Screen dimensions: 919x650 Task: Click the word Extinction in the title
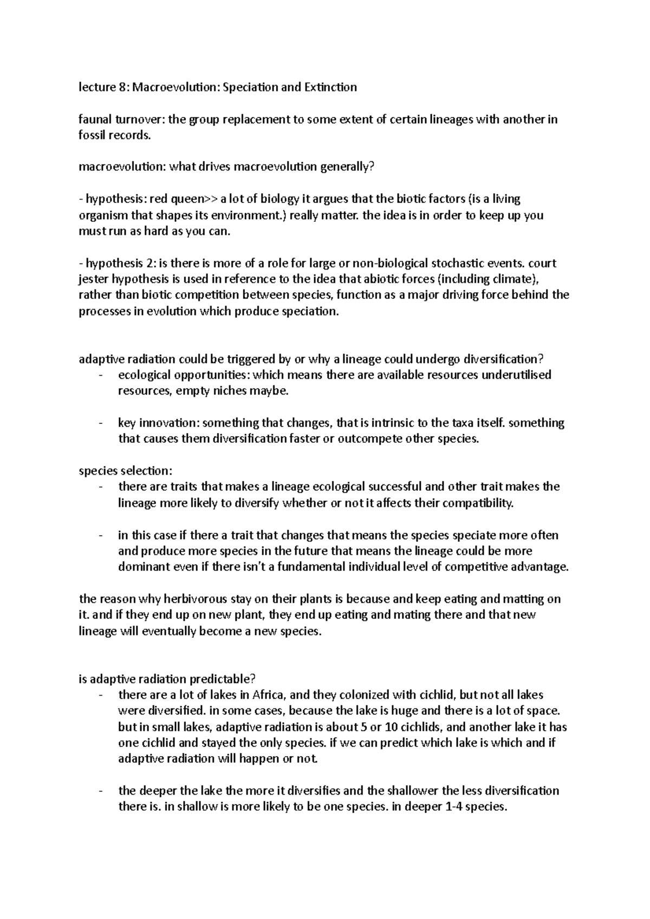click(x=330, y=87)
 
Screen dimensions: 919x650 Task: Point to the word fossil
click(x=92, y=135)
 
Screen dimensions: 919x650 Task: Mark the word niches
click(x=227, y=391)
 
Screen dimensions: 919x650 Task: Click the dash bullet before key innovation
click(x=101, y=423)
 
